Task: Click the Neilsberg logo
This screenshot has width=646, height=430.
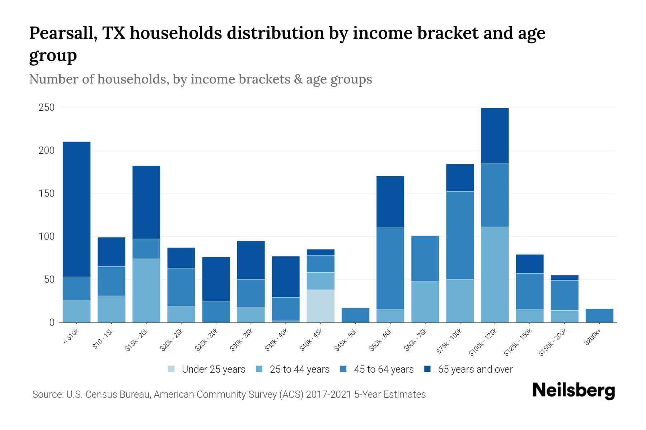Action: pyautogui.click(x=574, y=391)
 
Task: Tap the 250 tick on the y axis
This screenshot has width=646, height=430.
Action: pyautogui.click(x=47, y=107)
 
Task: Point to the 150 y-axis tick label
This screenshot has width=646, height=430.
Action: pyautogui.click(x=47, y=193)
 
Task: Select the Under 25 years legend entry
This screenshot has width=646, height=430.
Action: pyautogui.click(x=214, y=369)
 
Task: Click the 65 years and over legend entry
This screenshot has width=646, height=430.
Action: pyautogui.click(x=475, y=369)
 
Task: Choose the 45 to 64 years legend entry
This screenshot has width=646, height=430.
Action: pyautogui.click(x=384, y=369)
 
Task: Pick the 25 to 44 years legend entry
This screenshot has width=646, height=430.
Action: pyautogui.click(x=299, y=369)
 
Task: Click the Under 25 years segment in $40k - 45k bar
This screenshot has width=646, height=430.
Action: pyautogui.click(x=320, y=306)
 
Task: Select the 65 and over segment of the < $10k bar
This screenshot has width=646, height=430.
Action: pyautogui.click(x=76, y=209)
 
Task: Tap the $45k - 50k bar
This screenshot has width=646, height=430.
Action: pyautogui.click(x=355, y=315)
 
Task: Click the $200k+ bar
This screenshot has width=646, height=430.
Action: pyautogui.click(x=599, y=316)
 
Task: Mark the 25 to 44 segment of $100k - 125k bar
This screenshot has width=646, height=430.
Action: pyautogui.click(x=495, y=274)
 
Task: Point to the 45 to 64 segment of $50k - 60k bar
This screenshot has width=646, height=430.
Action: pyautogui.click(x=390, y=268)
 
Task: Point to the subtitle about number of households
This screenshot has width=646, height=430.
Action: pyautogui.click(x=201, y=79)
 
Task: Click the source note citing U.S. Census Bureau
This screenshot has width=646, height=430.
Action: pyautogui.click(x=229, y=395)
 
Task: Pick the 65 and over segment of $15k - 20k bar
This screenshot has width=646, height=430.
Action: pyautogui.click(x=146, y=202)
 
